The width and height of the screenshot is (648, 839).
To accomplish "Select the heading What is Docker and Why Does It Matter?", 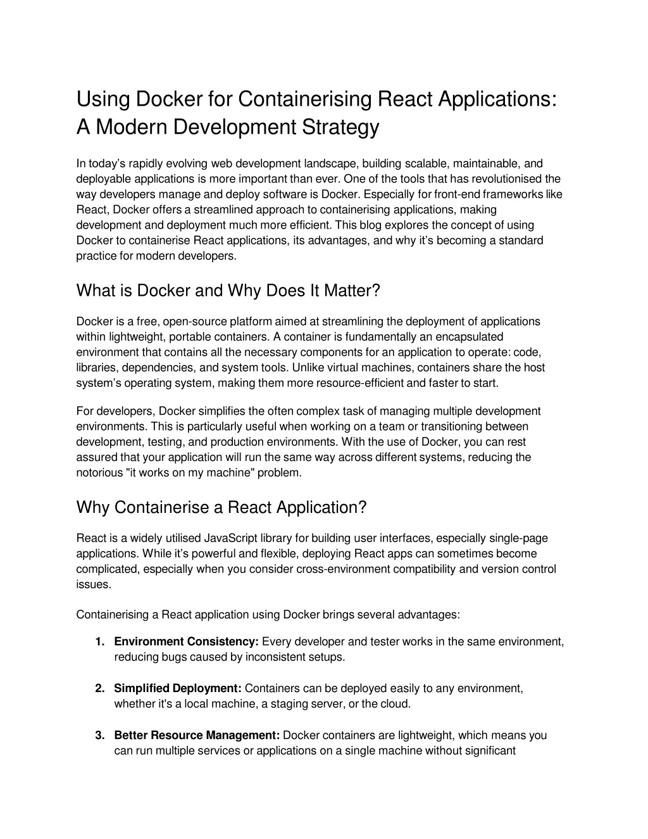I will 228,291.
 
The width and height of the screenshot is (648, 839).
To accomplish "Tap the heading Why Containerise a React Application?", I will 221,507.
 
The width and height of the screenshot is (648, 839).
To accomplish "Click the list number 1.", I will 99,641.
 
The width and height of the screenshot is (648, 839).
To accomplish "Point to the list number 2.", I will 99,688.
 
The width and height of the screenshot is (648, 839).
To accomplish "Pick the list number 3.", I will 99,735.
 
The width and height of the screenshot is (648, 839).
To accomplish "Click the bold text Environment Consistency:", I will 186,641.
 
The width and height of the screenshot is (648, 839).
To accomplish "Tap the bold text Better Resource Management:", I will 197,735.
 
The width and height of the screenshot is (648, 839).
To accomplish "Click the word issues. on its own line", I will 94,584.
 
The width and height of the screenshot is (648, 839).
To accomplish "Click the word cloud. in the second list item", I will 396,703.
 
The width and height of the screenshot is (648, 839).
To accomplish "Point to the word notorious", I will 99,472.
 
